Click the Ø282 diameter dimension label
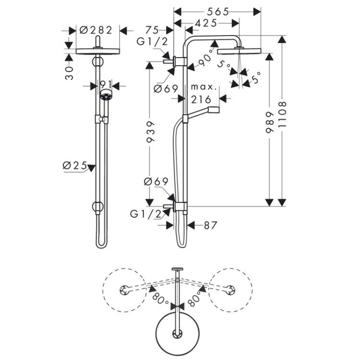(96, 30)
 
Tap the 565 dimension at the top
(218, 12)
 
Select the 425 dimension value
(206, 23)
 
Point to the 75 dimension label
(152, 30)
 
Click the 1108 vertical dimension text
(282, 115)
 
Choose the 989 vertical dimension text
(270, 122)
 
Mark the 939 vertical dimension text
(150, 132)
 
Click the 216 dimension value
(201, 99)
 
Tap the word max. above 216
(204, 87)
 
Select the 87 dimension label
(210, 225)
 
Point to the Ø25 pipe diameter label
(75, 165)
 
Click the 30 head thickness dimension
(69, 73)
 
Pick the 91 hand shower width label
(106, 84)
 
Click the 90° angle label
(206, 59)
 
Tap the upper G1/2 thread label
(152, 42)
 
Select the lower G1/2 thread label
(146, 214)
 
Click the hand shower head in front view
(106, 95)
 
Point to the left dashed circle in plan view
(103, 290)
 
